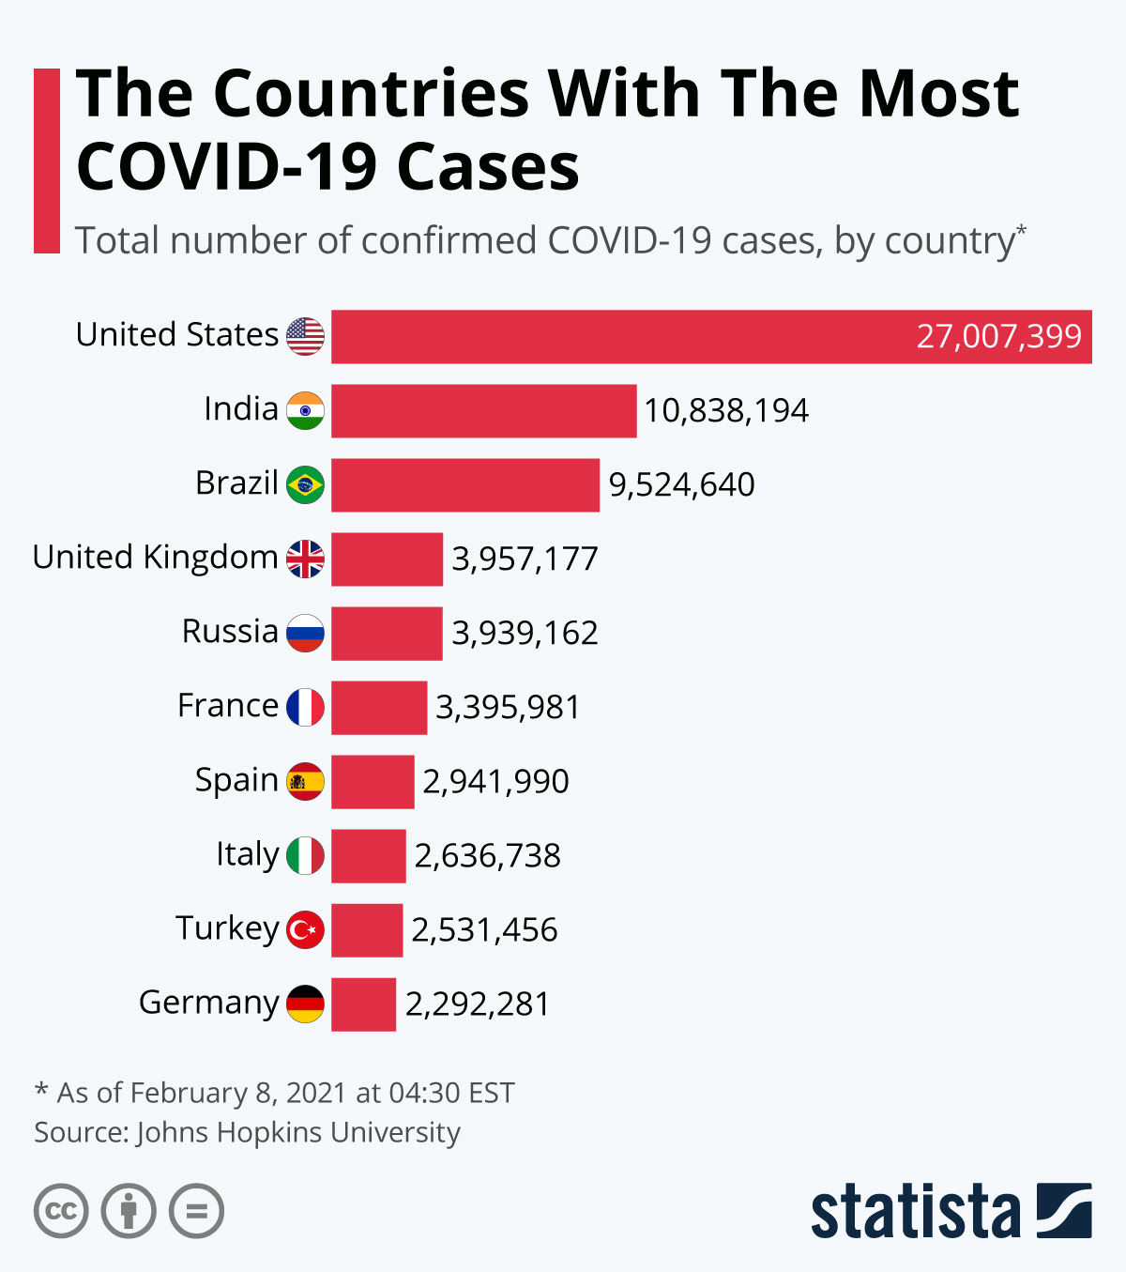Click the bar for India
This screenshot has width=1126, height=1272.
(x=483, y=410)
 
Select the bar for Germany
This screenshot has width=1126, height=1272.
(x=363, y=1004)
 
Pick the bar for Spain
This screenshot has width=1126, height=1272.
(x=373, y=782)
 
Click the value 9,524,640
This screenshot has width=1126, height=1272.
(x=681, y=484)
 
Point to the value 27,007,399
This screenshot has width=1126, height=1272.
(x=998, y=336)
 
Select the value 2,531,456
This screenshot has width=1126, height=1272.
(x=484, y=930)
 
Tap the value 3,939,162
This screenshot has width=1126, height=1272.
(x=525, y=634)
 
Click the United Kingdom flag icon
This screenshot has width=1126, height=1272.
(x=305, y=559)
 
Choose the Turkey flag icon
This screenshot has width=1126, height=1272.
(x=305, y=929)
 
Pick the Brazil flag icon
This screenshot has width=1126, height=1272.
(x=305, y=484)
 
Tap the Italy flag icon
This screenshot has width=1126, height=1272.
(x=305, y=855)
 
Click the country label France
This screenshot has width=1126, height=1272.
(x=228, y=706)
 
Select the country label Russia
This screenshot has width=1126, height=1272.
(x=230, y=632)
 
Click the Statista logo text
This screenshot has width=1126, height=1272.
(x=915, y=1212)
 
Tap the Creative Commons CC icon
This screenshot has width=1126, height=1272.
(x=61, y=1211)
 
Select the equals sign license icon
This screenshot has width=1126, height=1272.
(x=196, y=1211)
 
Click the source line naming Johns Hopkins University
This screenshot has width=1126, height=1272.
(x=248, y=1132)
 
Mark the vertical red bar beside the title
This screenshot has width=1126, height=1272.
(x=47, y=161)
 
